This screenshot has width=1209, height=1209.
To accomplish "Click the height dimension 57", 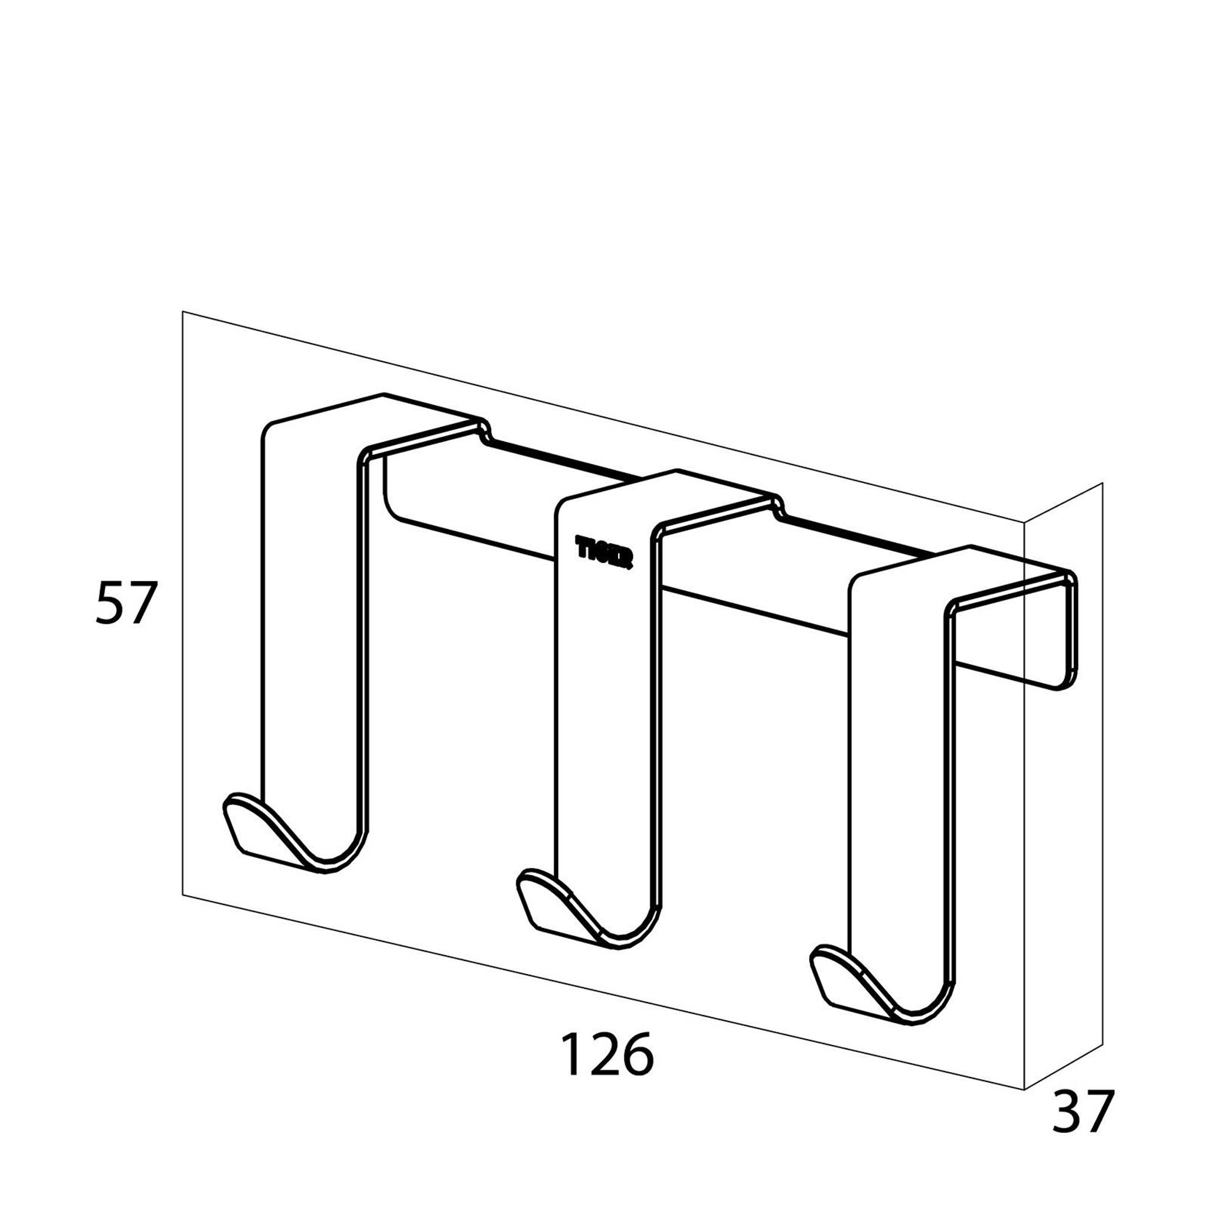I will pos(125,603).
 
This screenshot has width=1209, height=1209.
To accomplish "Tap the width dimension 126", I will pos(606,1054).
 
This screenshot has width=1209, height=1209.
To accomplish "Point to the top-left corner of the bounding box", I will pos(183,312).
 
